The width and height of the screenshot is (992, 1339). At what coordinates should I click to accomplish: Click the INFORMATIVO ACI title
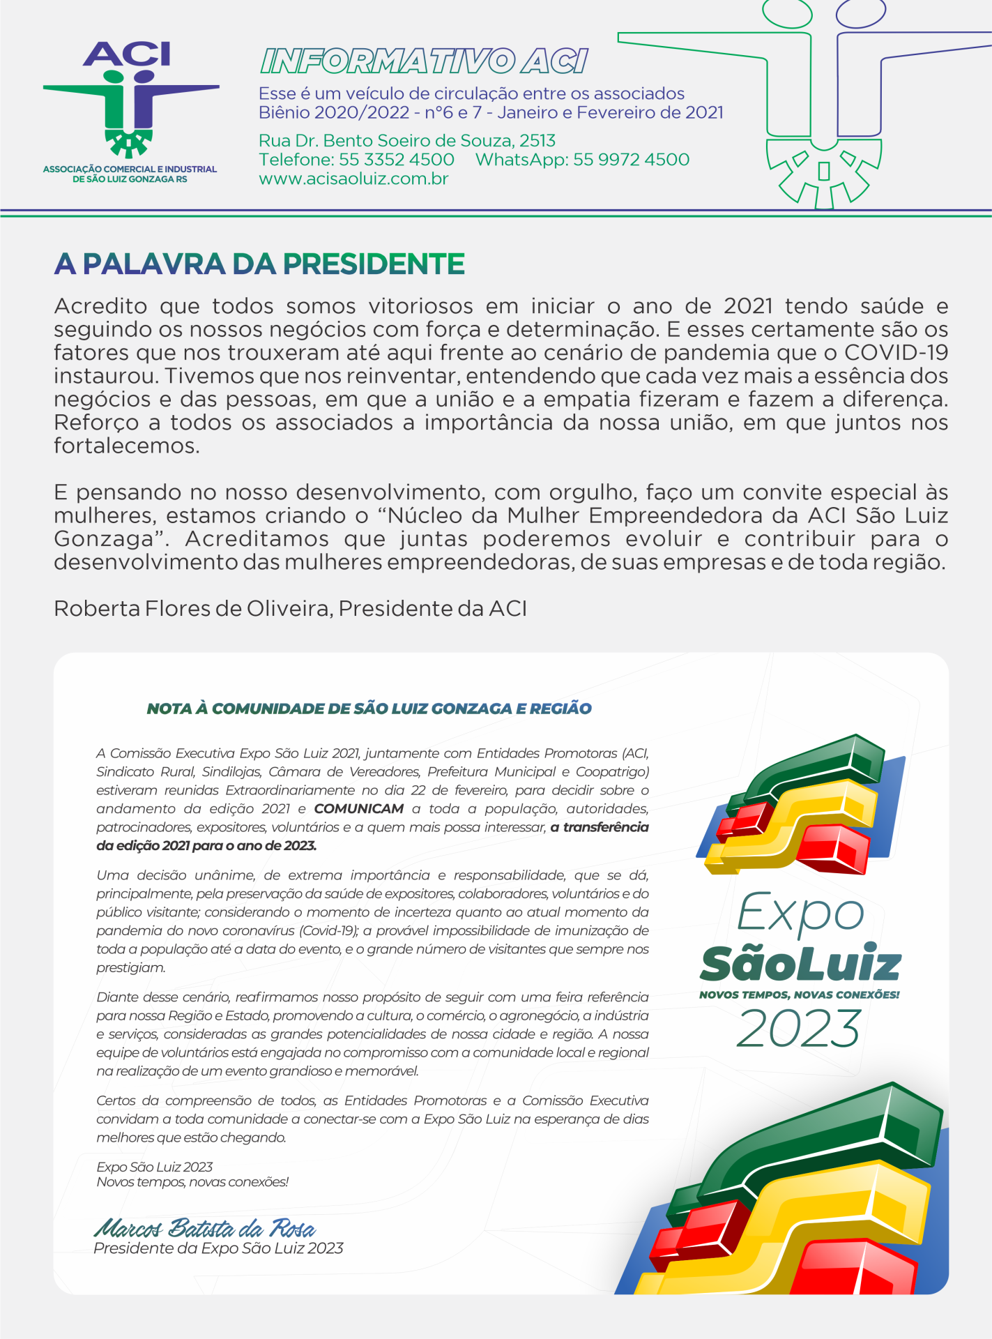pos(424,61)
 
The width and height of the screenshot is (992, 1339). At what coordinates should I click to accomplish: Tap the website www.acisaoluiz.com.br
pos(353,179)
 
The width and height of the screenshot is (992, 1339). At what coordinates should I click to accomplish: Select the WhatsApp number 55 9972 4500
pos(631,160)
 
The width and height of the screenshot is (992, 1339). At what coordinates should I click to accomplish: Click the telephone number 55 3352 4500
pos(396,160)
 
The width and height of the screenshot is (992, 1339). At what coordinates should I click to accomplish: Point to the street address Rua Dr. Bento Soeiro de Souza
pos(407,141)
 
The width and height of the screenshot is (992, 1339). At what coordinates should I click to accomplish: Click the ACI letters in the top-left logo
pos(127,54)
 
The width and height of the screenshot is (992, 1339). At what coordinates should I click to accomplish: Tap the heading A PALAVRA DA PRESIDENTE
pos(259,264)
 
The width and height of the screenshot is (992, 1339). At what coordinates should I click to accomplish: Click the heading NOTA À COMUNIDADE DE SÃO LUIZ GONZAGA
pos(369,709)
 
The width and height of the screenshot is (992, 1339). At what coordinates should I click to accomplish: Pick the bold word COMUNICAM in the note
pos(358,809)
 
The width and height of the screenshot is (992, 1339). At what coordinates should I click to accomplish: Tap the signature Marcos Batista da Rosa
pos(204,1228)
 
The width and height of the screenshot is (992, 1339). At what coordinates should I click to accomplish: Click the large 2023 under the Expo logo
pos(799,1029)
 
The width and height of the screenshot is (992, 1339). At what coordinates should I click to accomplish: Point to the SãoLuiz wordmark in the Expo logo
pos(800,964)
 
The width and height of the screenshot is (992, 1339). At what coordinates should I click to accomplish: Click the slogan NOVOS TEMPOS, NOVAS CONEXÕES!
pos(800,995)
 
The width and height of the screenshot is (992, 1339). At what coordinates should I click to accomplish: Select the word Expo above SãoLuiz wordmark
pos(800,914)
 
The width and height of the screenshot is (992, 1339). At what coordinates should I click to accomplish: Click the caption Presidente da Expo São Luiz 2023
pos(218,1248)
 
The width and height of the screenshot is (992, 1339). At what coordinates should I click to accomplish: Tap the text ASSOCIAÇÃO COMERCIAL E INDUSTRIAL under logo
pos(130,169)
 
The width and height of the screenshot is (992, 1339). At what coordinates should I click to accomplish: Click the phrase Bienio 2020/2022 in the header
pos(333,113)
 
